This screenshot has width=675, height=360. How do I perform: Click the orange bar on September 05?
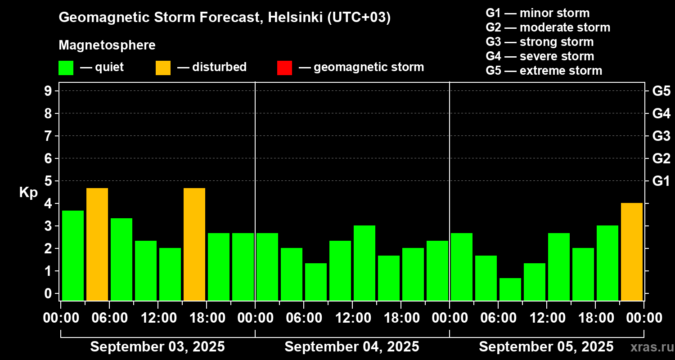pyautogui.click(x=631, y=252)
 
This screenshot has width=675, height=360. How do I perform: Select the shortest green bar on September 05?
pyautogui.click(x=510, y=289)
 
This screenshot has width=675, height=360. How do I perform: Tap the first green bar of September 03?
pyautogui.click(x=73, y=255)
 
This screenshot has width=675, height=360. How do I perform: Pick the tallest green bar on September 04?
pyautogui.click(x=364, y=263)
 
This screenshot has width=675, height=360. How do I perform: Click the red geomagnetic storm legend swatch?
pyautogui.click(x=284, y=68)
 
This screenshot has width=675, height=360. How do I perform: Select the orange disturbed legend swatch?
pyautogui.click(x=163, y=68)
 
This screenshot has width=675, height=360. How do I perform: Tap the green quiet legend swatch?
pyautogui.click(x=66, y=68)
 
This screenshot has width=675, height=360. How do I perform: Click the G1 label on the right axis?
pyautogui.click(x=661, y=181)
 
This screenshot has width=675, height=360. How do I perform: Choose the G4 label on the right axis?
pyautogui.click(x=661, y=113)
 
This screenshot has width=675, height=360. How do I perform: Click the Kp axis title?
pyautogui.click(x=28, y=193)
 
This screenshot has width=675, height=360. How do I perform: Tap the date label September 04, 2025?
pyautogui.click(x=352, y=347)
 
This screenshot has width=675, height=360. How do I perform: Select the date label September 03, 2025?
pyautogui.click(x=157, y=347)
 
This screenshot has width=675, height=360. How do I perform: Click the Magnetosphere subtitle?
pyautogui.click(x=107, y=45)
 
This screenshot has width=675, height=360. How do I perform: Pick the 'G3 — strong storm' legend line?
pyautogui.click(x=540, y=42)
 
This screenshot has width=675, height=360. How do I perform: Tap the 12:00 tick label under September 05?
pyautogui.click(x=546, y=318)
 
